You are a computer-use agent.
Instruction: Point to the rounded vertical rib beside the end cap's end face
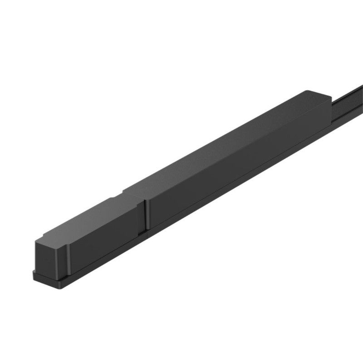tap(67, 259)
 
